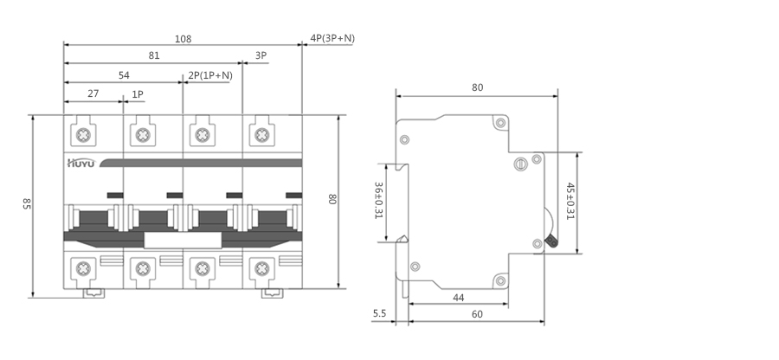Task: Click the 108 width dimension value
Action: (183, 39)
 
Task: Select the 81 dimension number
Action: (154, 56)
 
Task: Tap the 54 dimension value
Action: (124, 75)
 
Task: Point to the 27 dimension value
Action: (93, 93)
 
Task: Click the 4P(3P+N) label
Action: (332, 38)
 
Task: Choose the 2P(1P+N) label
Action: (210, 75)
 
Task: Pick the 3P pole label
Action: (261, 56)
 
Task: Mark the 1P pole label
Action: (138, 93)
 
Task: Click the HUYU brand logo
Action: (82, 162)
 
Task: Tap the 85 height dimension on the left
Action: (27, 204)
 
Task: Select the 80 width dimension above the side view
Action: (478, 87)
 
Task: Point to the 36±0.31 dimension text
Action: (378, 200)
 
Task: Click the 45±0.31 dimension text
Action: (570, 200)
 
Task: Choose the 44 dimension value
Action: (459, 298)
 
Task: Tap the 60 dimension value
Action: (478, 315)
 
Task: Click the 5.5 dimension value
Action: (379, 315)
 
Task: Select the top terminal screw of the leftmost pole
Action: (83, 135)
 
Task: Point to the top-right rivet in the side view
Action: (499, 121)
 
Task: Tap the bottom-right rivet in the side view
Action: (499, 280)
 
